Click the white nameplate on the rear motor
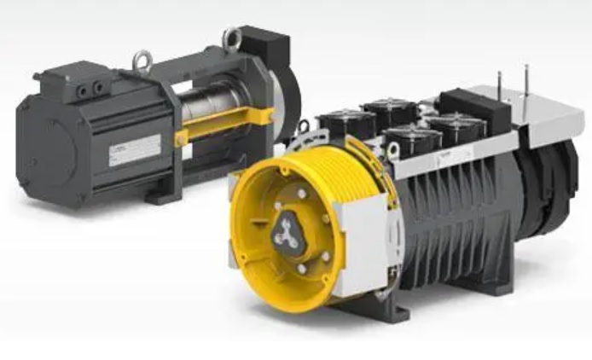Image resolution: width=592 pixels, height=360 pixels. pos(134,150)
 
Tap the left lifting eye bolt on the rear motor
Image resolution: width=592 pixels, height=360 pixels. pos(142,61)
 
